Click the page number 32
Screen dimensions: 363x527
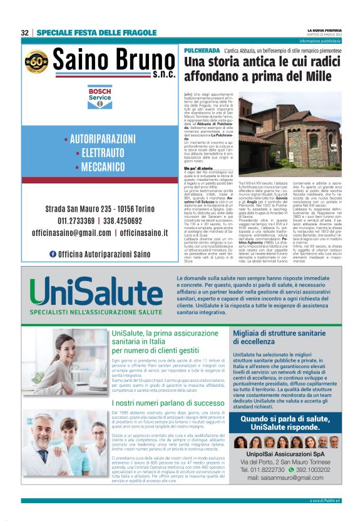point(25,33)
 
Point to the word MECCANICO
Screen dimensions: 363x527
point(100,167)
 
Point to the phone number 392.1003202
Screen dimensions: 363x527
point(309,470)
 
